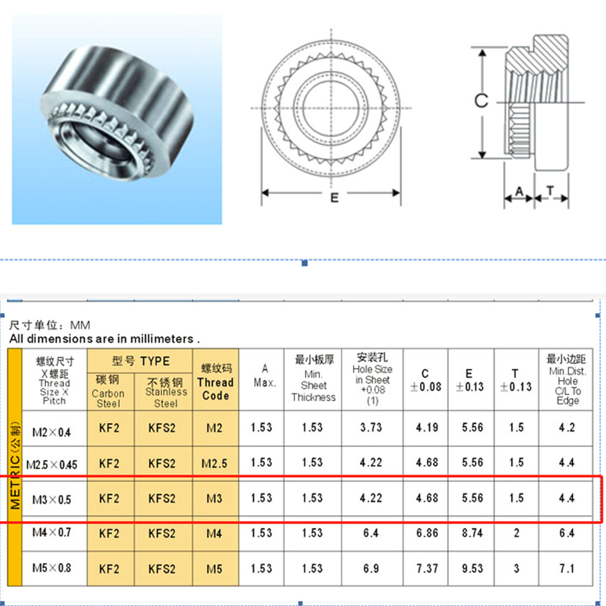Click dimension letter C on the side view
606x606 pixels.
click(x=481, y=100)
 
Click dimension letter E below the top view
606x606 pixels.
click(x=335, y=198)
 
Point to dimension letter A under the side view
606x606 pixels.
click(x=519, y=191)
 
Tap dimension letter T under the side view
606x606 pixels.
click(x=550, y=190)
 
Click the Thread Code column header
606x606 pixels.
click(x=216, y=382)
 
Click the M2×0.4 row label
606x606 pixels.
click(x=52, y=432)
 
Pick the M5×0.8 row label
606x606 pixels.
click(x=52, y=568)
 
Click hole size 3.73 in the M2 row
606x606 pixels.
click(x=371, y=427)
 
